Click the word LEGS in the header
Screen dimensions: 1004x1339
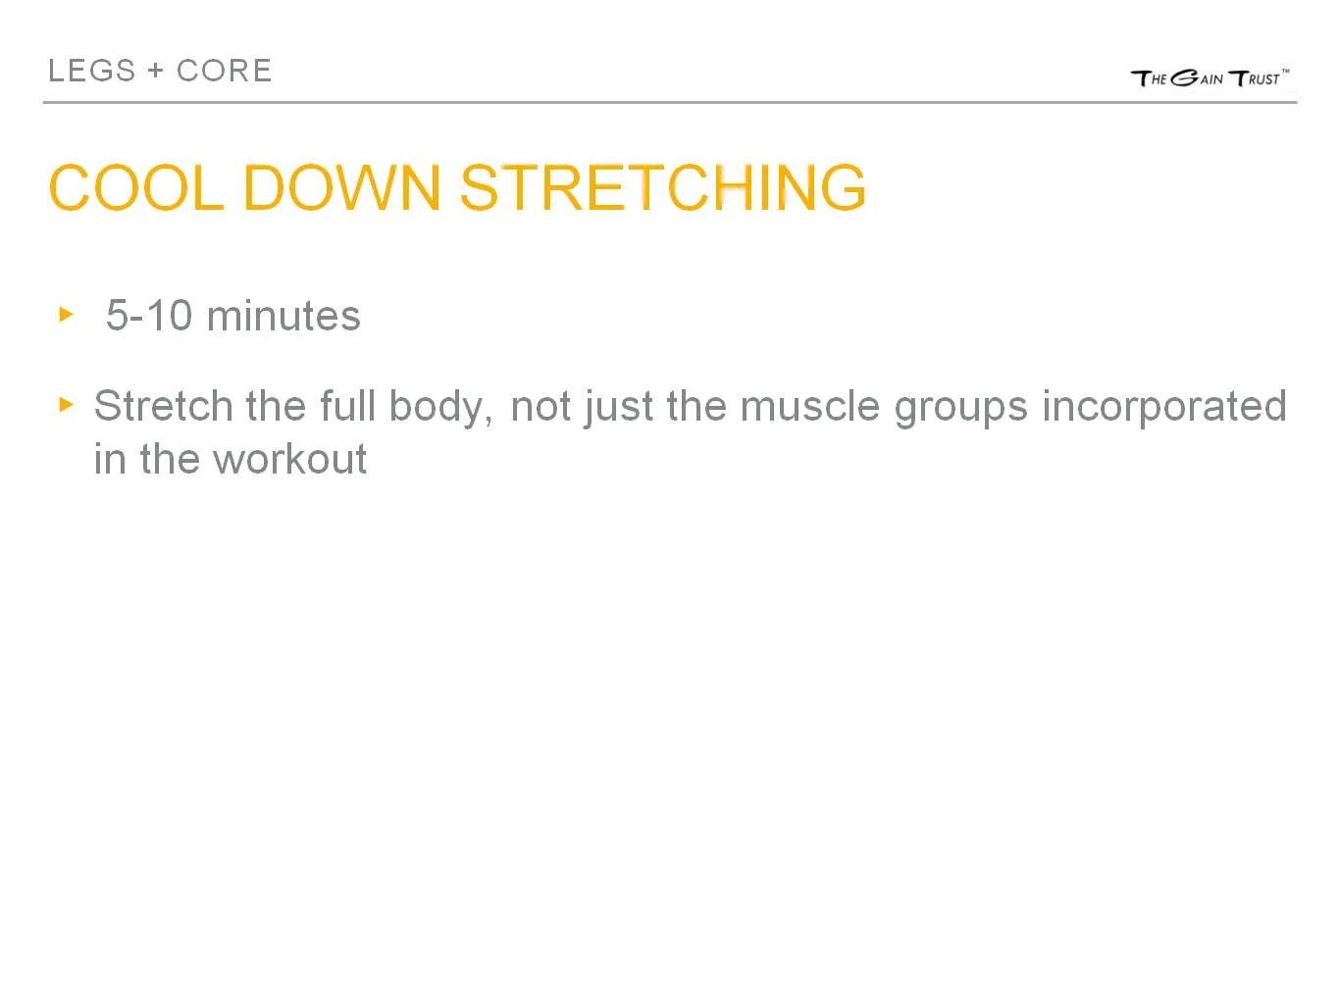tap(91, 71)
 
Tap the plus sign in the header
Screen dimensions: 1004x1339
tap(156, 72)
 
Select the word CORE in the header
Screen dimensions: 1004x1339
tap(224, 71)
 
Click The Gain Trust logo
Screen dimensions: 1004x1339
tap(1210, 78)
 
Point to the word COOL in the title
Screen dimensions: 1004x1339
tap(135, 187)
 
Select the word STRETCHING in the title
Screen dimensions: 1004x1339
tap(663, 187)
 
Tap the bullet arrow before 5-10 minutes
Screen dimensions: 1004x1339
tap(67, 315)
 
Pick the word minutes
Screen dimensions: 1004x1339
tap(283, 316)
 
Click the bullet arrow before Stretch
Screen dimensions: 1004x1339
tap(67, 404)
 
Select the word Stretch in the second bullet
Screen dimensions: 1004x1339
tap(163, 406)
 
